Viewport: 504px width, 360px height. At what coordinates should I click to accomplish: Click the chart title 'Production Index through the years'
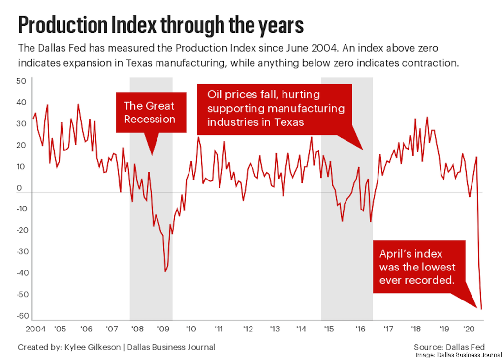click(x=160, y=26)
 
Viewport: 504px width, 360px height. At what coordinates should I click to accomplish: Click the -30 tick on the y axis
click(x=22, y=252)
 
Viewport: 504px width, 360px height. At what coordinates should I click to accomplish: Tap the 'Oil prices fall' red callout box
click(x=275, y=109)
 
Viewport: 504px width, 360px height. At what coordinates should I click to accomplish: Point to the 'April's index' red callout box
click(x=418, y=267)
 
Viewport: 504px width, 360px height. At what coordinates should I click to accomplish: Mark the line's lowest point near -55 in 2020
click(x=481, y=309)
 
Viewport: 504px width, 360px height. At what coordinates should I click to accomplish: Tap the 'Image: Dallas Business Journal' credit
click(x=457, y=355)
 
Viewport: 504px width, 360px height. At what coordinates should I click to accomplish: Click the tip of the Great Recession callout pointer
click(x=152, y=154)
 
